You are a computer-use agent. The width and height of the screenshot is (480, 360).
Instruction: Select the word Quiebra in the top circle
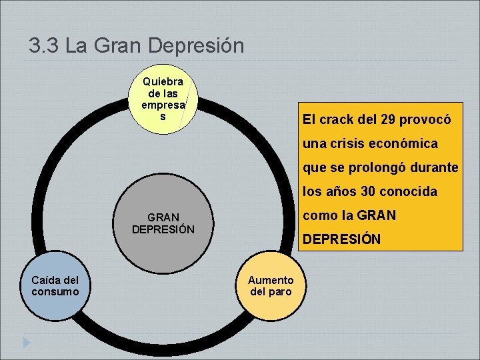coord(163,81)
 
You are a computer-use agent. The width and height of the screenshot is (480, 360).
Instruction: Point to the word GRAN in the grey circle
coord(163,217)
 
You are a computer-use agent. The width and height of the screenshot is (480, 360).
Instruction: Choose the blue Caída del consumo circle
coord(55,285)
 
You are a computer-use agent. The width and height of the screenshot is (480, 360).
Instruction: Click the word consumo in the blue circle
coord(55,292)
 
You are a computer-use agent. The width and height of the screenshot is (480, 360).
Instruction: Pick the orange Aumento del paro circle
coord(271,285)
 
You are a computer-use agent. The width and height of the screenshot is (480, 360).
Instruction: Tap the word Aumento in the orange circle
coord(271,280)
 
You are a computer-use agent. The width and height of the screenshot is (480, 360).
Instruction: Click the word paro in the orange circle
coord(280,292)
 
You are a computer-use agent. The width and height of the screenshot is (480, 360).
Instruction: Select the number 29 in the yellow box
coord(387,120)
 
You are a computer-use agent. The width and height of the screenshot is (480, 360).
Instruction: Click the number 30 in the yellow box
coord(369,192)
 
